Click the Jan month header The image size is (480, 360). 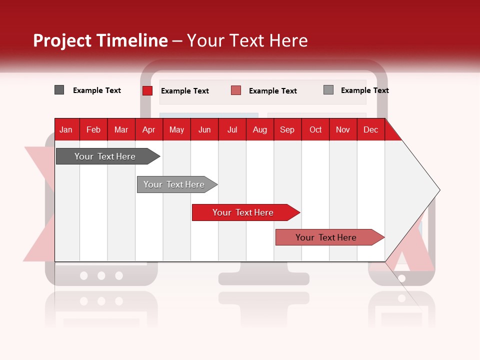tap(66, 130)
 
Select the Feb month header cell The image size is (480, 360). tap(93, 130)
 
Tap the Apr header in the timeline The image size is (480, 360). tap(148, 130)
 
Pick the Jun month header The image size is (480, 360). tap(204, 130)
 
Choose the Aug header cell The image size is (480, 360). tap(259, 130)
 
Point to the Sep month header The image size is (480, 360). tap(287, 130)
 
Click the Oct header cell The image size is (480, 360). tap(315, 130)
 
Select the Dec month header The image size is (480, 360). tap(370, 130)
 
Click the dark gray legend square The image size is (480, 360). tap(59, 90)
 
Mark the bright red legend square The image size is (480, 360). tap(147, 90)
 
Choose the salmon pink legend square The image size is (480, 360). tap(236, 90)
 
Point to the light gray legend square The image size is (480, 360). tap(328, 90)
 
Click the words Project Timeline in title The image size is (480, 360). tap(100, 40)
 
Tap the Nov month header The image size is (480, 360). tap(343, 130)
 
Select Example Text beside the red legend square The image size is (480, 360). tap(185, 91)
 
